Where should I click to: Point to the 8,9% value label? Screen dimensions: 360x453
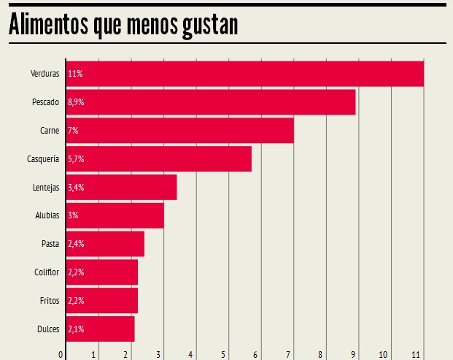[76, 102]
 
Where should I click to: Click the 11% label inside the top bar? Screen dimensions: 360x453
[74, 74]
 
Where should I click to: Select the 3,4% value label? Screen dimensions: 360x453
[76, 187]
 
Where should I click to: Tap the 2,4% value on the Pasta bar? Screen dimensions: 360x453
[76, 244]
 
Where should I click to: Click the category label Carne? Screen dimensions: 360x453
[50, 131]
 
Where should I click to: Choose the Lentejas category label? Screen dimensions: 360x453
[45, 187]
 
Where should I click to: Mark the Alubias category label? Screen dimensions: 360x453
[46, 215]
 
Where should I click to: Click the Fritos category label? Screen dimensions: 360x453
[49, 300]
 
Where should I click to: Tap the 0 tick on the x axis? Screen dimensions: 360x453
[61, 355]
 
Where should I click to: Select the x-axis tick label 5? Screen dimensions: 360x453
[223, 355]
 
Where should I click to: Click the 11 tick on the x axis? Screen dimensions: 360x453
[416, 355]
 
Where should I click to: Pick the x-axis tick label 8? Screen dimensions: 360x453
[320, 355]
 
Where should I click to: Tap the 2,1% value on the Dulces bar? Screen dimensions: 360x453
[76, 329]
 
